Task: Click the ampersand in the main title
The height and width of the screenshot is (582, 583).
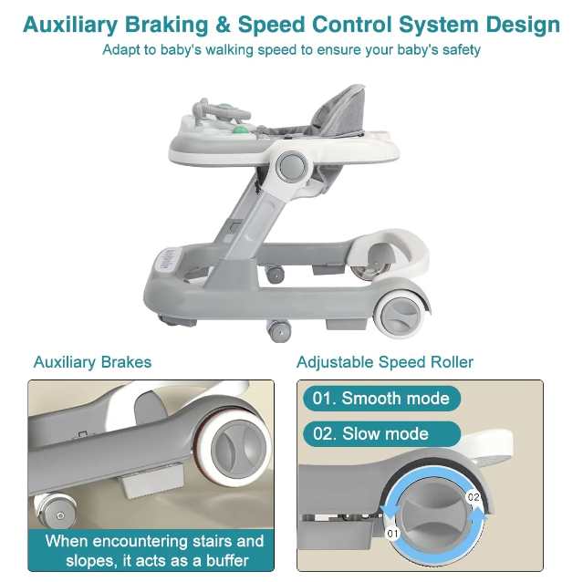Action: [x=224, y=25]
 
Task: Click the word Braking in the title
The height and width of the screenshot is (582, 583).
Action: [x=166, y=26]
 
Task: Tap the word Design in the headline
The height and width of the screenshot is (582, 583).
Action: [x=523, y=26]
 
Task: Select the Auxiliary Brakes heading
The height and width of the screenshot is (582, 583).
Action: [x=92, y=362]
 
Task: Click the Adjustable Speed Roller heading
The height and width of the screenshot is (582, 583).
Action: [x=385, y=362]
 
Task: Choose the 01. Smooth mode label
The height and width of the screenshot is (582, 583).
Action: [x=381, y=399]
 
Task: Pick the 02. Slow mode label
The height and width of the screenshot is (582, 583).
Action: [x=381, y=433]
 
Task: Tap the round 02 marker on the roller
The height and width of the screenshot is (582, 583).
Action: [x=474, y=497]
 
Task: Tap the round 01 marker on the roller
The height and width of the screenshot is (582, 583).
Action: [x=392, y=534]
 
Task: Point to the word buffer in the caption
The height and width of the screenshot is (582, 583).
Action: [x=227, y=560]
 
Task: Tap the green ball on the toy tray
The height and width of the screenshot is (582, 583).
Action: [x=240, y=130]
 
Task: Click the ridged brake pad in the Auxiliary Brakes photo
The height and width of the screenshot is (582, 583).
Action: [x=153, y=483]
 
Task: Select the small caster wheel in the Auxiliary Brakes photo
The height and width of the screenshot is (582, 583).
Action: [x=55, y=512]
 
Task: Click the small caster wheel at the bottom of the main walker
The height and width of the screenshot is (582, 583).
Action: [x=279, y=330]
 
